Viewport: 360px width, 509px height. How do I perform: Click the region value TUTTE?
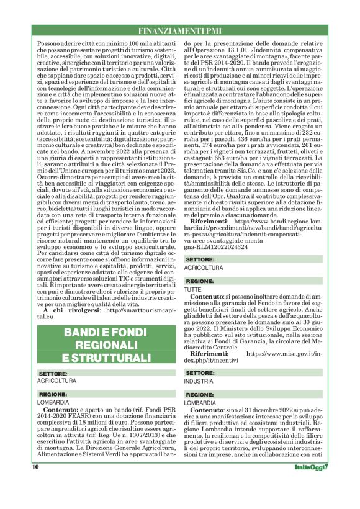193,290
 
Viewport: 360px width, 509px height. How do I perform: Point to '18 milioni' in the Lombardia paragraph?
91,423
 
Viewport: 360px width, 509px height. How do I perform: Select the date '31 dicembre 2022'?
268,411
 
